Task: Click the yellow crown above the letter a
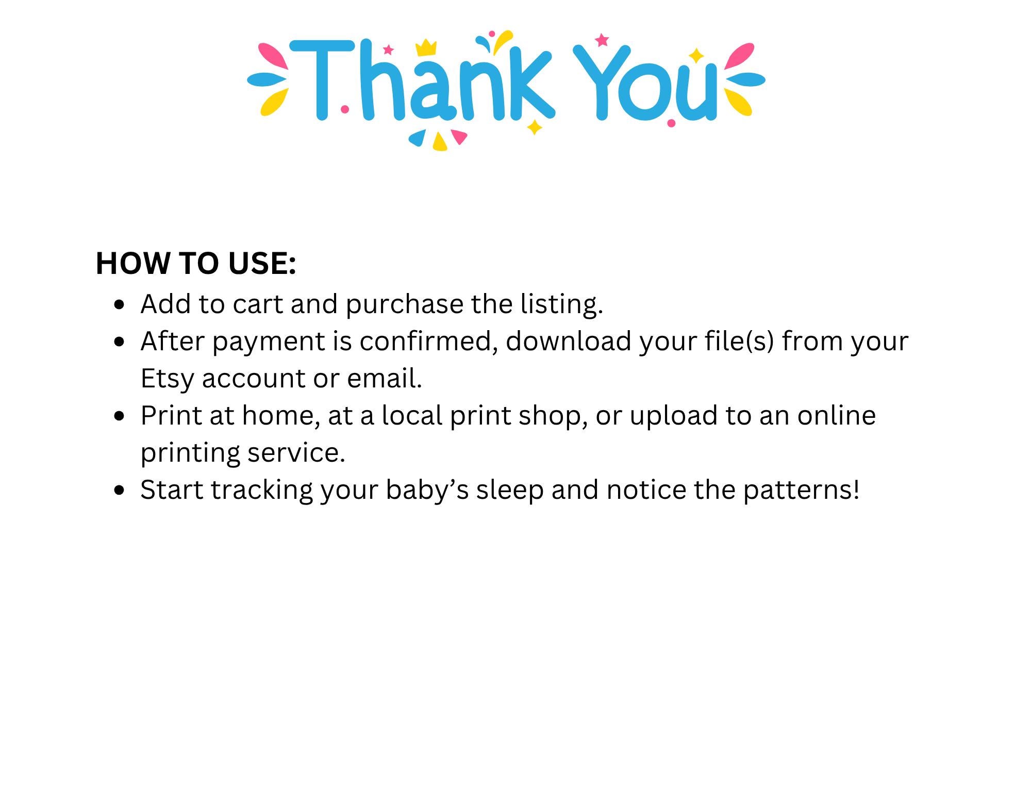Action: (x=426, y=47)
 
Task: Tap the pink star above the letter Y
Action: (x=602, y=40)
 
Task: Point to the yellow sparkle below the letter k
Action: (x=535, y=127)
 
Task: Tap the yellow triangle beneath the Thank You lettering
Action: (x=439, y=142)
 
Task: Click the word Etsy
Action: (x=167, y=379)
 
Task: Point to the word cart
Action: (x=257, y=304)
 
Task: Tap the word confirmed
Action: (x=428, y=341)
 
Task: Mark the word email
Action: (x=384, y=379)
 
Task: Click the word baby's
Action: (x=427, y=490)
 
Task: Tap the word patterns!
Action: (x=801, y=490)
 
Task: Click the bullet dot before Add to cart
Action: (x=120, y=304)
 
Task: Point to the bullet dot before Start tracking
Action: (x=120, y=490)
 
